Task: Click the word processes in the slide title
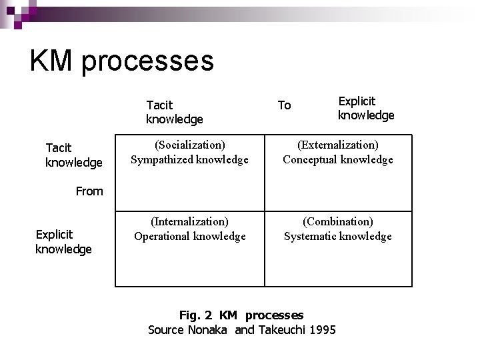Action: [x=147, y=62]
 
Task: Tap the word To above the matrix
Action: [x=284, y=105]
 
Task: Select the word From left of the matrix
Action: [x=89, y=191]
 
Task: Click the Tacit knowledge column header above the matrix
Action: [x=174, y=112]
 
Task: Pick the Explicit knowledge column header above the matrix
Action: [x=365, y=108]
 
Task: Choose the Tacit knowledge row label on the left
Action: [x=73, y=155]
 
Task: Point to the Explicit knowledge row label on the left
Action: [x=63, y=241]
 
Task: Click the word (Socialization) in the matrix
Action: [x=189, y=145]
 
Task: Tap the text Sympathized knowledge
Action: [x=189, y=159]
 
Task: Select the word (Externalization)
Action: [x=337, y=145]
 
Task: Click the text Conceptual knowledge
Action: [x=337, y=159]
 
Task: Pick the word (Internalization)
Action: [x=189, y=221]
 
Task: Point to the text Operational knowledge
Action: [x=189, y=236]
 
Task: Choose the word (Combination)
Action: [x=337, y=221]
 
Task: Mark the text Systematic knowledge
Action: [x=337, y=236]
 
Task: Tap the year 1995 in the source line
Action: [x=322, y=329]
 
